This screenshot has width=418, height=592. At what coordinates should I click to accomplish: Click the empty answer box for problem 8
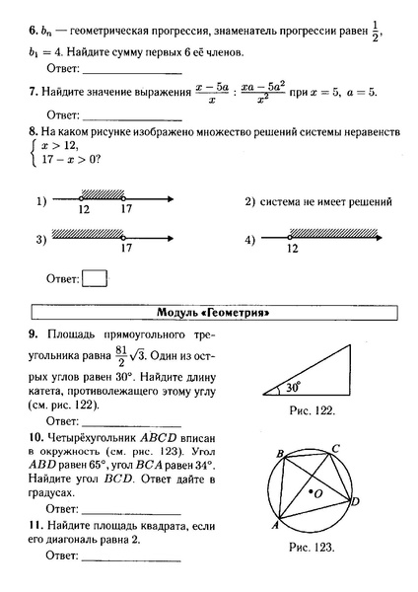[x=95, y=278]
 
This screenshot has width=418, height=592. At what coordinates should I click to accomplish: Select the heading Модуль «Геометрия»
[x=214, y=313]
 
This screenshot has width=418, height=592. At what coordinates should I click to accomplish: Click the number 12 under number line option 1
[x=83, y=210]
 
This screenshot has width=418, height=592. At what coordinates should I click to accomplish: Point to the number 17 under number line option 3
[x=125, y=249]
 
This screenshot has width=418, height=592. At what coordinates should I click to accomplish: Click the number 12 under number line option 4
[x=292, y=250]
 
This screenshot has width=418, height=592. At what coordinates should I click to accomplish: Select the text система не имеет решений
[x=325, y=201]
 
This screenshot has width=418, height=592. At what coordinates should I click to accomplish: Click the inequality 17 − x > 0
[x=66, y=160]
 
